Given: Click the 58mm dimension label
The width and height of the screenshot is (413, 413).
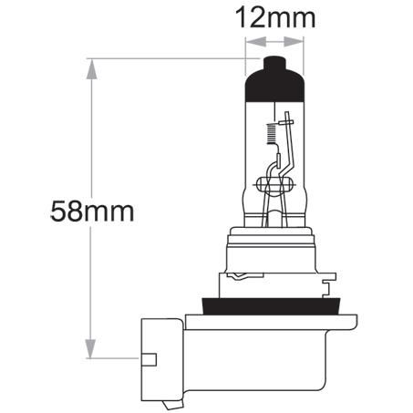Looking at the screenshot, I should [x=93, y=212].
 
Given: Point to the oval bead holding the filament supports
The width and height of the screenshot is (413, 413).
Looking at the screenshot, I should [x=276, y=186].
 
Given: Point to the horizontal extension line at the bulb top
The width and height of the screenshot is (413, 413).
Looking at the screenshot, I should [x=173, y=58].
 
